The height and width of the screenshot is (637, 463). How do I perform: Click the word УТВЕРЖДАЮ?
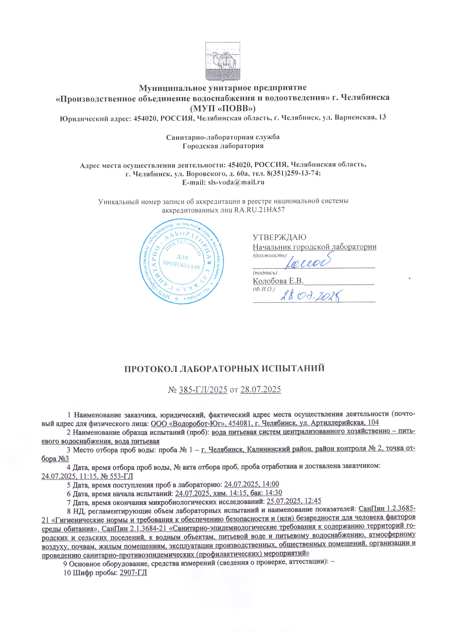coord(279,237)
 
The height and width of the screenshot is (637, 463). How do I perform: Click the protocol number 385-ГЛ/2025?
coord(203,390)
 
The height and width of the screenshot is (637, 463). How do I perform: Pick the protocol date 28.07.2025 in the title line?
coord(261,390)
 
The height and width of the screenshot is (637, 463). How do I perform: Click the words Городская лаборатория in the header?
coord(223,146)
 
